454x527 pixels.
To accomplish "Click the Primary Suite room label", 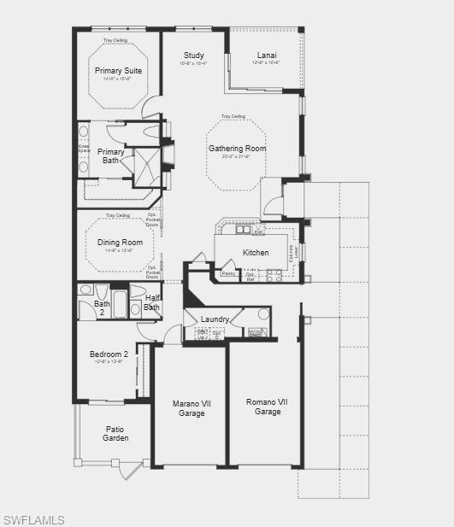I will tap(120, 71).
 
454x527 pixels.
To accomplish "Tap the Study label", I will tap(193, 56).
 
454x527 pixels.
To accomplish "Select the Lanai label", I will tap(267, 56).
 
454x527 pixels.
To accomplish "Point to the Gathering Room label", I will tap(238, 149).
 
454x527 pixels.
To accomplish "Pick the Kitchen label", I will tap(256, 253).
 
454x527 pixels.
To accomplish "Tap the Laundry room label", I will tap(215, 319).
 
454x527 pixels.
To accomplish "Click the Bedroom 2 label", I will tap(109, 354).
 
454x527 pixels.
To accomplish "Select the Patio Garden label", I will tap(115, 434).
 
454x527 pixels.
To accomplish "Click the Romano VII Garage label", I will tap(268, 407).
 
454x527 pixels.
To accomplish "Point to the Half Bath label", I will tap(151, 303).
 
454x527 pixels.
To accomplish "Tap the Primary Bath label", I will tap(111, 156).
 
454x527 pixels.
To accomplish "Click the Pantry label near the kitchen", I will tap(228, 273).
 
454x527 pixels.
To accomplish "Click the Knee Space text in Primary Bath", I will tap(83, 149).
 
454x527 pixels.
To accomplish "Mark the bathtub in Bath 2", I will tap(119, 305).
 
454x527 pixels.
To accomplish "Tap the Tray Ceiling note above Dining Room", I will tap(118, 216).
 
